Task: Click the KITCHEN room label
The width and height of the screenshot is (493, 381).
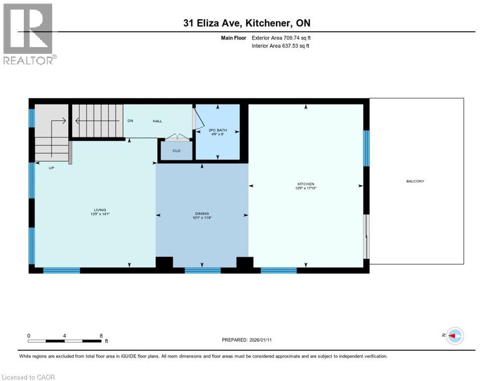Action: (307, 184)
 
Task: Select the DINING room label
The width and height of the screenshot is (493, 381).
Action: (201, 213)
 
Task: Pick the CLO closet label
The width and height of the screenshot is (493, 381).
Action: (176, 150)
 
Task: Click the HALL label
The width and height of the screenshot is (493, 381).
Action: (157, 121)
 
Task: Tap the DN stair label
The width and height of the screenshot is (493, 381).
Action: (130, 121)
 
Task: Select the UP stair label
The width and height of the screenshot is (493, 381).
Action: (51, 168)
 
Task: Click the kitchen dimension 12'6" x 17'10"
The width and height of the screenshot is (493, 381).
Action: (307, 188)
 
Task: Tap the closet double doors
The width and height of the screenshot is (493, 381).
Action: (176, 136)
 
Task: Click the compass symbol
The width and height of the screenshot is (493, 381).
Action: (454, 336)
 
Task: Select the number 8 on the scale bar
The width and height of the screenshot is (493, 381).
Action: (101, 335)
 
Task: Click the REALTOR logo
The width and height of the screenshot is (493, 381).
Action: (29, 34)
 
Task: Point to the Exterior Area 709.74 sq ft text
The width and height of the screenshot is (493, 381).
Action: (282, 38)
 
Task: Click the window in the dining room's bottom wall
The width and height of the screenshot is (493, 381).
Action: (202, 270)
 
